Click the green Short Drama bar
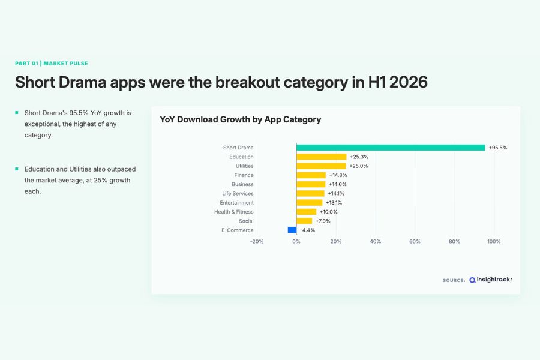(391, 148)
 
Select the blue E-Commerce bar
(292, 230)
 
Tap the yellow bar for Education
(322, 157)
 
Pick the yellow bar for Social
(304, 221)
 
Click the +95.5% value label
(498, 148)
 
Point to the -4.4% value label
(308, 230)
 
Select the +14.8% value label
(338, 175)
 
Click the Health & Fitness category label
(234, 212)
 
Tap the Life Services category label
(238, 194)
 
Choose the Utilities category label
(245, 166)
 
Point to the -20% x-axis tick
(257, 241)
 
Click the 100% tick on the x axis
(494, 241)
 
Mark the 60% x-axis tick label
(415, 241)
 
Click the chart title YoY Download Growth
(241, 119)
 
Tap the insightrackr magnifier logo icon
(473, 280)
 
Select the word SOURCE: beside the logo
(454, 280)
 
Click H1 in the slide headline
(377, 82)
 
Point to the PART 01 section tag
(26, 64)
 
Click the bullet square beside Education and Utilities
(17, 169)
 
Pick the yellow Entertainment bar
(309, 203)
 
